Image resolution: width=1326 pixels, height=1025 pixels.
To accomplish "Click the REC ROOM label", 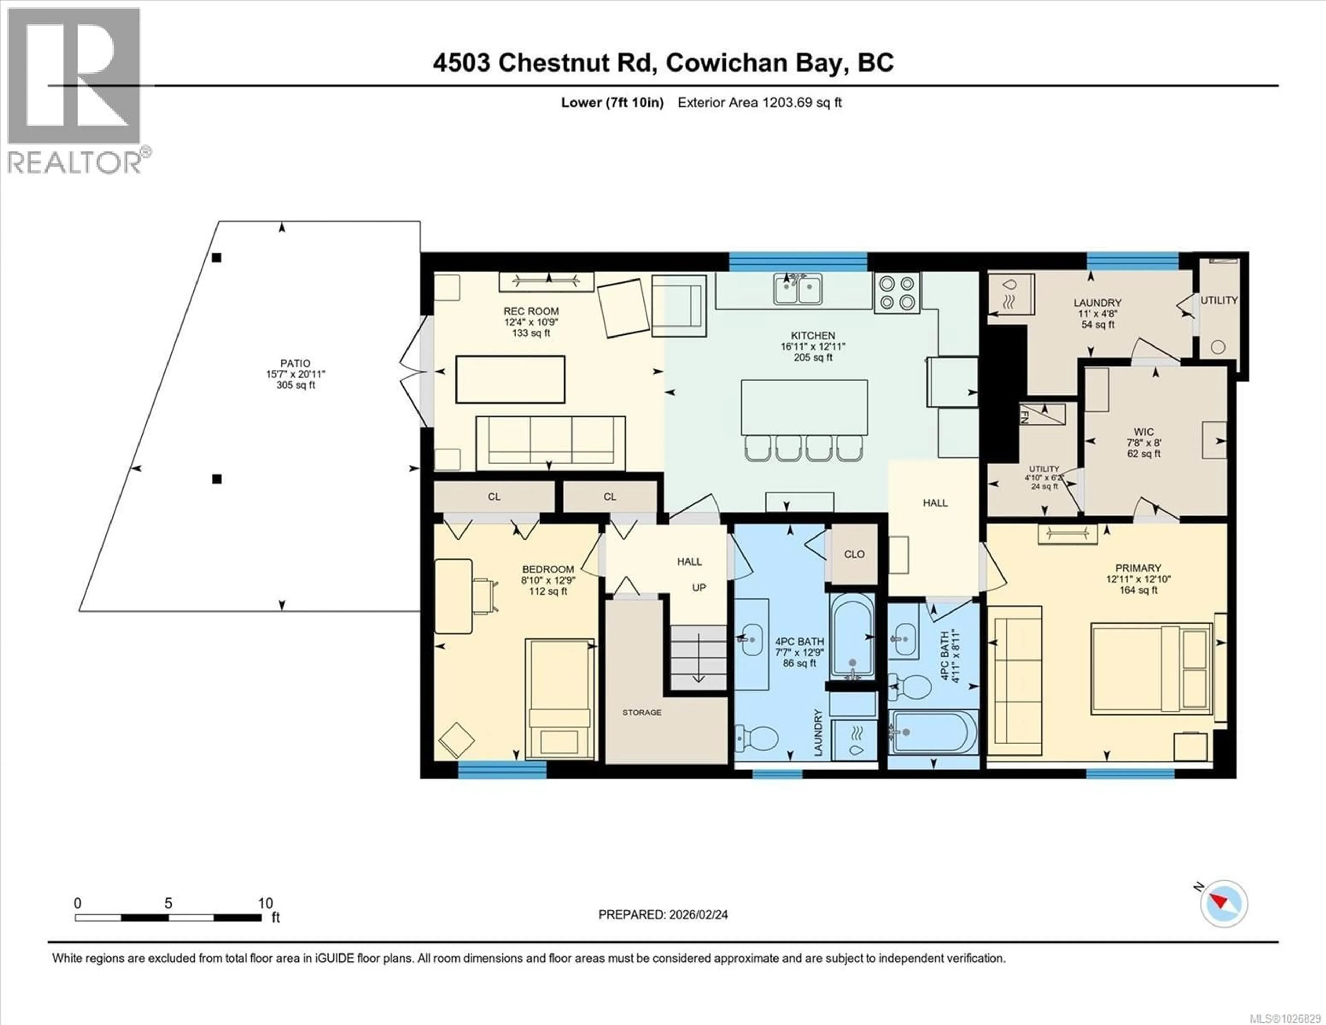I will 531,311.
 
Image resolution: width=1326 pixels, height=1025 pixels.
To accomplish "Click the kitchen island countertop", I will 804,407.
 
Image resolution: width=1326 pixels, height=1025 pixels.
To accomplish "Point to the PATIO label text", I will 295,363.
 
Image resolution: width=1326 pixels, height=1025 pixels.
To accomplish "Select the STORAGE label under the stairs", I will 641,712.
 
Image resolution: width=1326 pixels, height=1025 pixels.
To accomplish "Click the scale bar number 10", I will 265,903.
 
